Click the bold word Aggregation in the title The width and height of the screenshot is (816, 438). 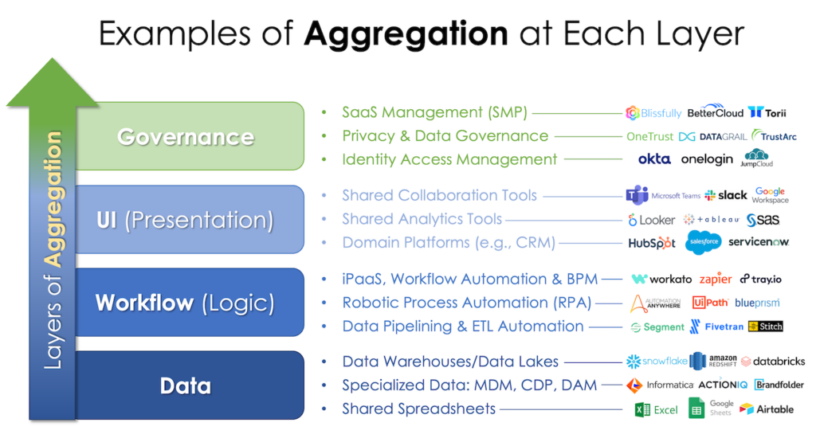(406, 34)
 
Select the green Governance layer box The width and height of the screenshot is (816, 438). (186, 136)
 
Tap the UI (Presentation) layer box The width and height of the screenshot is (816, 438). (186, 220)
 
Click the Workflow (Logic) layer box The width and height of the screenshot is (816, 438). (186, 303)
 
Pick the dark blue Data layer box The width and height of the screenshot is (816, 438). (186, 386)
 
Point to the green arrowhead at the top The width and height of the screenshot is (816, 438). (53, 80)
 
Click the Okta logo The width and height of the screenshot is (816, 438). (654, 159)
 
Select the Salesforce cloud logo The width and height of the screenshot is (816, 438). (703, 242)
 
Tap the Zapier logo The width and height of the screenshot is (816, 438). (715, 279)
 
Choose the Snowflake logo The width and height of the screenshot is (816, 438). (657, 362)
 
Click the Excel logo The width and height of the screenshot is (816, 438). (656, 409)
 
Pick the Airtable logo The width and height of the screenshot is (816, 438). (766, 409)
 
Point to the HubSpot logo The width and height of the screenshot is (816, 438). (651, 243)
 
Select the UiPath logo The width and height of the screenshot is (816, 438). (710, 303)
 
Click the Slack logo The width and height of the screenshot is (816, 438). (726, 195)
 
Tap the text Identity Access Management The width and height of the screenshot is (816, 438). (449, 159)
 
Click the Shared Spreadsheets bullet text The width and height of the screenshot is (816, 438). (419, 409)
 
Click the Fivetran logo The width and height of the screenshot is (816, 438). (717, 327)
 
